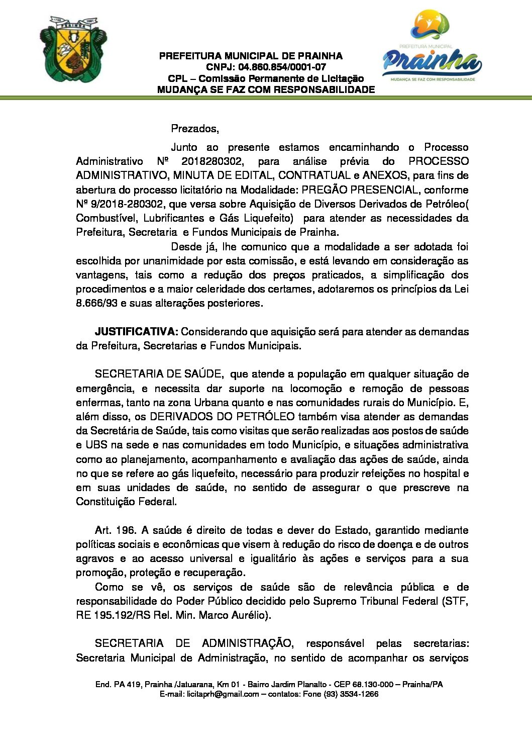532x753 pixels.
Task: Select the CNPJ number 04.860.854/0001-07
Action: click(282, 67)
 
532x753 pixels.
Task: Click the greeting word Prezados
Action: click(194, 129)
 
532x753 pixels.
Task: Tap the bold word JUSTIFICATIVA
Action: click(136, 332)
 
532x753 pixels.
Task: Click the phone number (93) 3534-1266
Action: click(351, 694)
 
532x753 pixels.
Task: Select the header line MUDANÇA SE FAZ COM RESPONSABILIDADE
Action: click(266, 90)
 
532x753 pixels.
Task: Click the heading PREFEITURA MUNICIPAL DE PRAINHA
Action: click(251, 56)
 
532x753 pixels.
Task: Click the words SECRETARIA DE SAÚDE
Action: click(158, 374)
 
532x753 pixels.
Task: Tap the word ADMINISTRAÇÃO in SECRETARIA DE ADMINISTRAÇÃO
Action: click(246, 643)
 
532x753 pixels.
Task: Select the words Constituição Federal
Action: click(126, 502)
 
